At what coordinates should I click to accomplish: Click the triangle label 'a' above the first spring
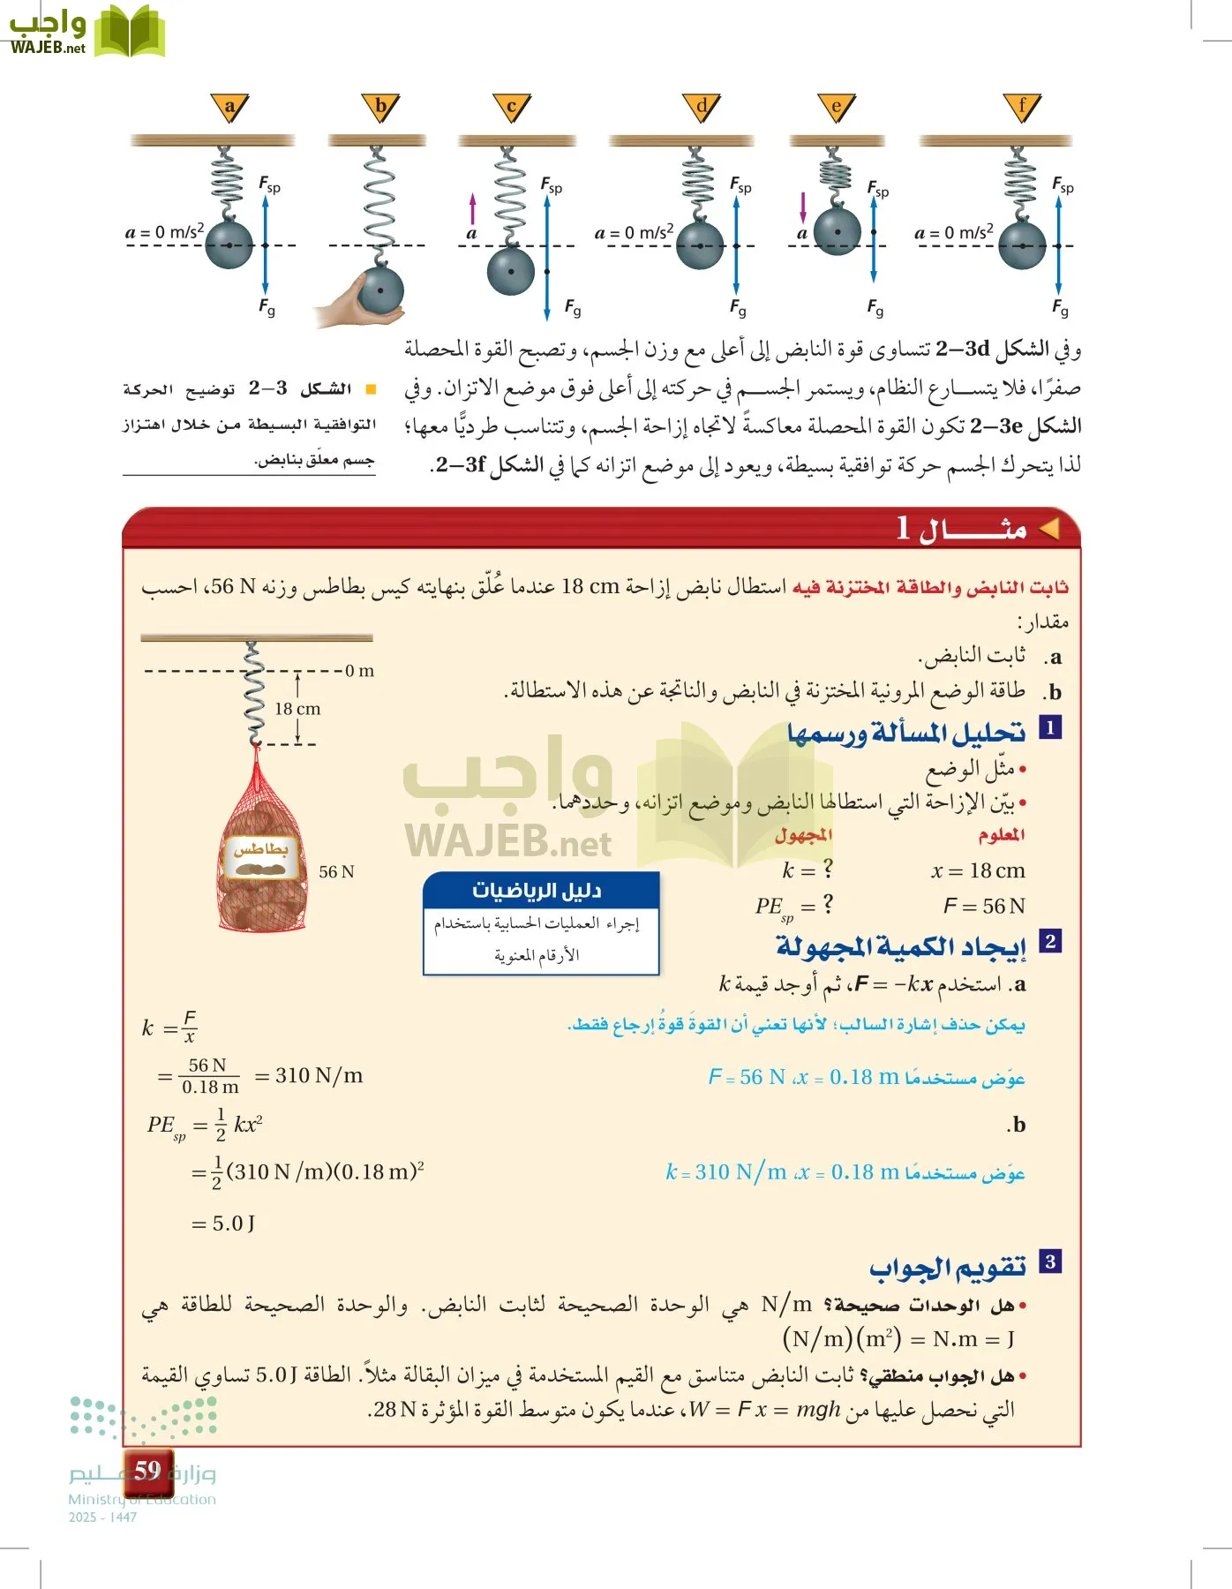pos(229,108)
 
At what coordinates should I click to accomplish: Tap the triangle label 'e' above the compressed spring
pos(836,108)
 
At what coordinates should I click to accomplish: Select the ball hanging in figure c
pos(511,271)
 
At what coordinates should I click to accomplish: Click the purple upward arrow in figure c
pos(472,209)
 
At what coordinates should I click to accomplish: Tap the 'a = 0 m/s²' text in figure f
pos(954,233)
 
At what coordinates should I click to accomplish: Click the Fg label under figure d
pos(738,308)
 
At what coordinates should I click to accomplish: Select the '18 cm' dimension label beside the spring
pos(297,709)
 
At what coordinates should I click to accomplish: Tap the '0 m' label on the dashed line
pos(359,671)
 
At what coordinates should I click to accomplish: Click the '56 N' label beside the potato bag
pos(336,871)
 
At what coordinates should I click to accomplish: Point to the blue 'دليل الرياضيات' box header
pos(540,890)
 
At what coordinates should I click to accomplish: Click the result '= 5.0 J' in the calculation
pos(223,1224)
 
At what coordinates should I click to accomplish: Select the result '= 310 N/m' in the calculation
pos(309,1075)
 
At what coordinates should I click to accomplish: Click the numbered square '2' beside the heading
pos(1049,941)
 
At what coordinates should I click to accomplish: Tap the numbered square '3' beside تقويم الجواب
pos(1049,1261)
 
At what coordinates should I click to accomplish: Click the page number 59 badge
pos(147,1470)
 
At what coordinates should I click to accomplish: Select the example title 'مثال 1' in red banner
pos(962,529)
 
